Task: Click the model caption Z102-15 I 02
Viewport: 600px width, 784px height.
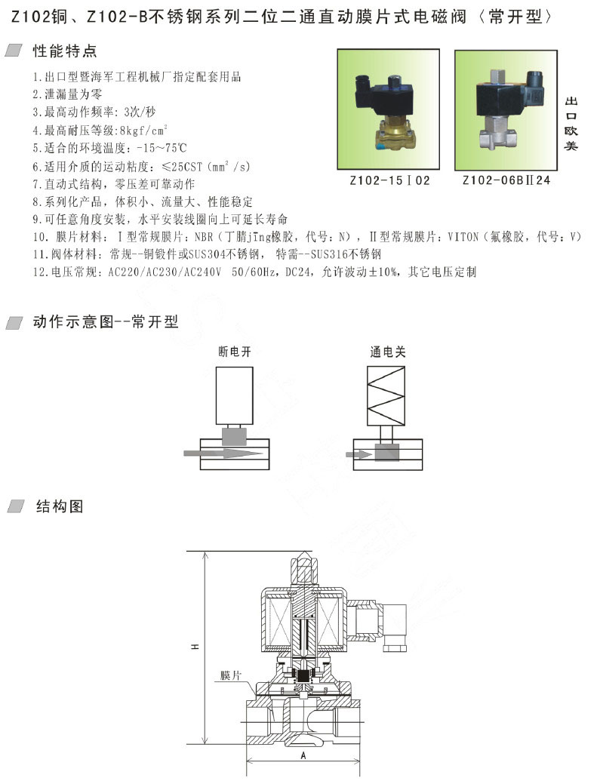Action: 389,180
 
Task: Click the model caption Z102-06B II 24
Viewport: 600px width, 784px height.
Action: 506,180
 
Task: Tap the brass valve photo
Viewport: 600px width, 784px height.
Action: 389,109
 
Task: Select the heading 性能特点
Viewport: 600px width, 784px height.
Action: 65,51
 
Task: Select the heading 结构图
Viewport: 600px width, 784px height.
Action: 60,506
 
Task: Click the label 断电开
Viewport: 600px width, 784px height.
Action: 235,352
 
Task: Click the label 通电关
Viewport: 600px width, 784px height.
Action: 387,352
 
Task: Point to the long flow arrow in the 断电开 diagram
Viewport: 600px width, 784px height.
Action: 223,453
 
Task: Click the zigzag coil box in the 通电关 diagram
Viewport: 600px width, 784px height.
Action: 386,395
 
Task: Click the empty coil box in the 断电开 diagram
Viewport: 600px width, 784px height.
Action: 235,396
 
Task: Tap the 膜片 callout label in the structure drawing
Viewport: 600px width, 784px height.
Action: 231,675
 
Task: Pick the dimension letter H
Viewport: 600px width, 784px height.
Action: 195,647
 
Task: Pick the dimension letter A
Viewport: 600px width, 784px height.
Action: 303,755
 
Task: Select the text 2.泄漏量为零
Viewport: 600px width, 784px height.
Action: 67,94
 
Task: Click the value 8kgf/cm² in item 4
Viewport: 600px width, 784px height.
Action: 143,130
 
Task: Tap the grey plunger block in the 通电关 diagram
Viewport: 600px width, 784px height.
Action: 387,453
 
